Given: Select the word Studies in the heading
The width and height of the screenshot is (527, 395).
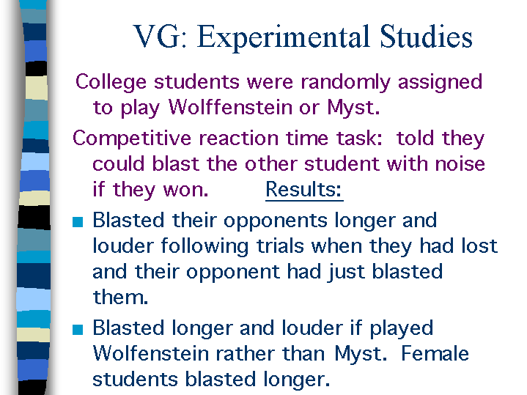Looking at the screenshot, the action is (426, 36).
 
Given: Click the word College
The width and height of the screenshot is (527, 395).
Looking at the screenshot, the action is (111, 83).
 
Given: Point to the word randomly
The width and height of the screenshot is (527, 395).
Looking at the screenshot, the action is (345, 83).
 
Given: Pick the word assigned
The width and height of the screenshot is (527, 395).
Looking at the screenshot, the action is (440, 83).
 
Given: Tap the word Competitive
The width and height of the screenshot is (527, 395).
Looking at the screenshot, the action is (133, 139).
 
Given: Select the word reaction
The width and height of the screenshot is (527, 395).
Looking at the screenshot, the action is (238, 139).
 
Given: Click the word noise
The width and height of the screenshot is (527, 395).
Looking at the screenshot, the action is (460, 164).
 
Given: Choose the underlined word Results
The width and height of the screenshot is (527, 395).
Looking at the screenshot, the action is (303, 190).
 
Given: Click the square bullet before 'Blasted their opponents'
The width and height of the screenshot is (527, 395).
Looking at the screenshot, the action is (78, 222).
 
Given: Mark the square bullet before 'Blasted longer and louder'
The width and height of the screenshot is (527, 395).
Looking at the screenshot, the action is (78, 330).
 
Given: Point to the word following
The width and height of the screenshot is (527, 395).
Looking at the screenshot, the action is (204, 247).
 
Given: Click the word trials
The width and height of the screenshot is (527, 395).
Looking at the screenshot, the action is (280, 246).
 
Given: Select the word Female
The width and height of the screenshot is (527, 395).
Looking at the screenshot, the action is (435, 354).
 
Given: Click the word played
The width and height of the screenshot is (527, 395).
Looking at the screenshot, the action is (402, 329).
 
